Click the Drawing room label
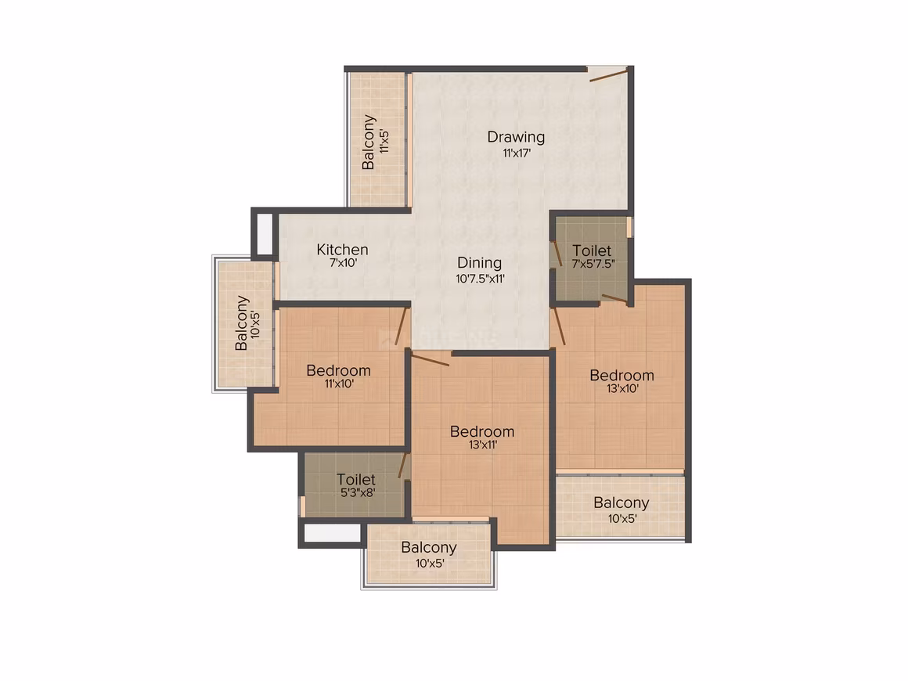(516, 137)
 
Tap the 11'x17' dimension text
(517, 153)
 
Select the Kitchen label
(342, 250)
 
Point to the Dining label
(480, 264)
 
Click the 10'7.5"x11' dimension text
(480, 279)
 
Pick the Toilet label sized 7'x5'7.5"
(592, 250)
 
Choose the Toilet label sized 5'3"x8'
(356, 480)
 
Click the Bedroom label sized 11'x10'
(338, 370)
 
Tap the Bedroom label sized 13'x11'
(482, 432)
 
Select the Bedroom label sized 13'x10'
(622, 375)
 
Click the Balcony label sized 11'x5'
(369, 142)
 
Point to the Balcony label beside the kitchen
(241, 323)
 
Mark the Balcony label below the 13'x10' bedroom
(622, 503)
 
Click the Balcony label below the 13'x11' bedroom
(428, 548)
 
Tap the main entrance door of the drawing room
(608, 74)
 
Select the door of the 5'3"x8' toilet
(403, 467)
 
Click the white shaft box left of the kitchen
(265, 232)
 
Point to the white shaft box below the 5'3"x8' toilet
(332, 533)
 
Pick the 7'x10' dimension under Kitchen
(343, 263)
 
